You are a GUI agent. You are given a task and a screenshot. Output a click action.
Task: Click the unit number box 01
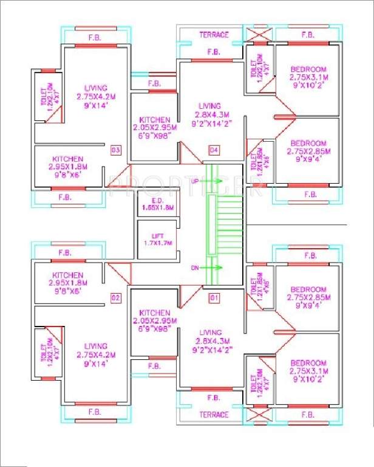pyautogui.click(x=214, y=298)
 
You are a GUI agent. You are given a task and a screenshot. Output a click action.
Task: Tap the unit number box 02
pyautogui.click(x=115, y=298)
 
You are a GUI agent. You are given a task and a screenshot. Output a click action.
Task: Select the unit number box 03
pyautogui.click(x=115, y=150)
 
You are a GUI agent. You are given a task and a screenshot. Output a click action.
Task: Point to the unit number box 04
pyautogui.click(x=214, y=150)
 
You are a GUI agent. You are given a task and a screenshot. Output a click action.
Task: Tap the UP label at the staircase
pyautogui.click(x=195, y=181)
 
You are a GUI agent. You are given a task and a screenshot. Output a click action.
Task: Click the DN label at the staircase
pyautogui.click(x=195, y=267)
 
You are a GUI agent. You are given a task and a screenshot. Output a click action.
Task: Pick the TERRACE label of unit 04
pyautogui.click(x=214, y=35)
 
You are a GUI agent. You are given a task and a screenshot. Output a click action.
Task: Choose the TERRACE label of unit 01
pyautogui.click(x=214, y=415)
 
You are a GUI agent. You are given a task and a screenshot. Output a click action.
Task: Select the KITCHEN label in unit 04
pyautogui.click(x=154, y=120)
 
